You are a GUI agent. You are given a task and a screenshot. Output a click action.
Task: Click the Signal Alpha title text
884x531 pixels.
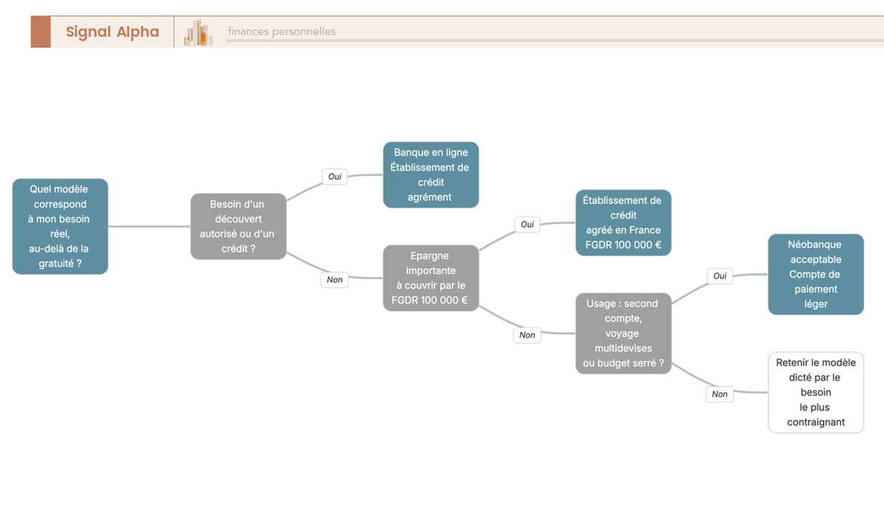[x=113, y=32]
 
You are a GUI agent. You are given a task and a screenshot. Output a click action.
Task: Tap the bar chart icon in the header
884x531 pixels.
[x=198, y=32]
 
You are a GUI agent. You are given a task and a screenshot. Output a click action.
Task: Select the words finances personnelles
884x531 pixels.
[x=281, y=31]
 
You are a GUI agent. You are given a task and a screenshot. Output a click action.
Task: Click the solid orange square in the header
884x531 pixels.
[x=41, y=32]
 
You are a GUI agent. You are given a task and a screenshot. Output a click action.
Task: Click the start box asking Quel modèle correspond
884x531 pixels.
[x=60, y=226]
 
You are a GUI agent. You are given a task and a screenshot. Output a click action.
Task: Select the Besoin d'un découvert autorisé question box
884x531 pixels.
[x=239, y=226]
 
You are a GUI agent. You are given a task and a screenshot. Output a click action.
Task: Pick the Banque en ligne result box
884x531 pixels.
[x=431, y=175]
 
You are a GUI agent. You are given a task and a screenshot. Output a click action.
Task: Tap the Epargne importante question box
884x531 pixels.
[x=431, y=278]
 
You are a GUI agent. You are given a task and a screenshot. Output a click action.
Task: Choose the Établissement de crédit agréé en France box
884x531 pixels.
[x=623, y=223]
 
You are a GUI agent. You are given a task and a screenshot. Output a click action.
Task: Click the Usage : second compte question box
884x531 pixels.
[x=623, y=334]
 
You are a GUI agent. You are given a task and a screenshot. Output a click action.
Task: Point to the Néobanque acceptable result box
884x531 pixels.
[x=816, y=274]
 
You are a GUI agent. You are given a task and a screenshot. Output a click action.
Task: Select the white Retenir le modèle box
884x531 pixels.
[x=816, y=393]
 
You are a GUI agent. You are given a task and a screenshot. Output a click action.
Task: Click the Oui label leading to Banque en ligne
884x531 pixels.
[x=334, y=177]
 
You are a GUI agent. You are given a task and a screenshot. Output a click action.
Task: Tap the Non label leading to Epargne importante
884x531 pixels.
[x=334, y=280]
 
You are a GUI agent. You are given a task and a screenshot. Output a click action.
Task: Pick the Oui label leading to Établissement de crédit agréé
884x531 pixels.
[x=527, y=225]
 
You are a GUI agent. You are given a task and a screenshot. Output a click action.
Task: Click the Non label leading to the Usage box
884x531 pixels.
[x=527, y=335]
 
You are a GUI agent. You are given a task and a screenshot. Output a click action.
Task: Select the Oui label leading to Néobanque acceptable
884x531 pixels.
[x=720, y=275]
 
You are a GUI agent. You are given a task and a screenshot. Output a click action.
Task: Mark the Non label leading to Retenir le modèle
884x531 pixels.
[x=720, y=394]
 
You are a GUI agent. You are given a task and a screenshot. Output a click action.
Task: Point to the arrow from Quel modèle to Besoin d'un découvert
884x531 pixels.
[x=149, y=226]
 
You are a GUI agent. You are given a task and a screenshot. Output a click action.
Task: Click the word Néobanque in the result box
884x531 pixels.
[x=815, y=245]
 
